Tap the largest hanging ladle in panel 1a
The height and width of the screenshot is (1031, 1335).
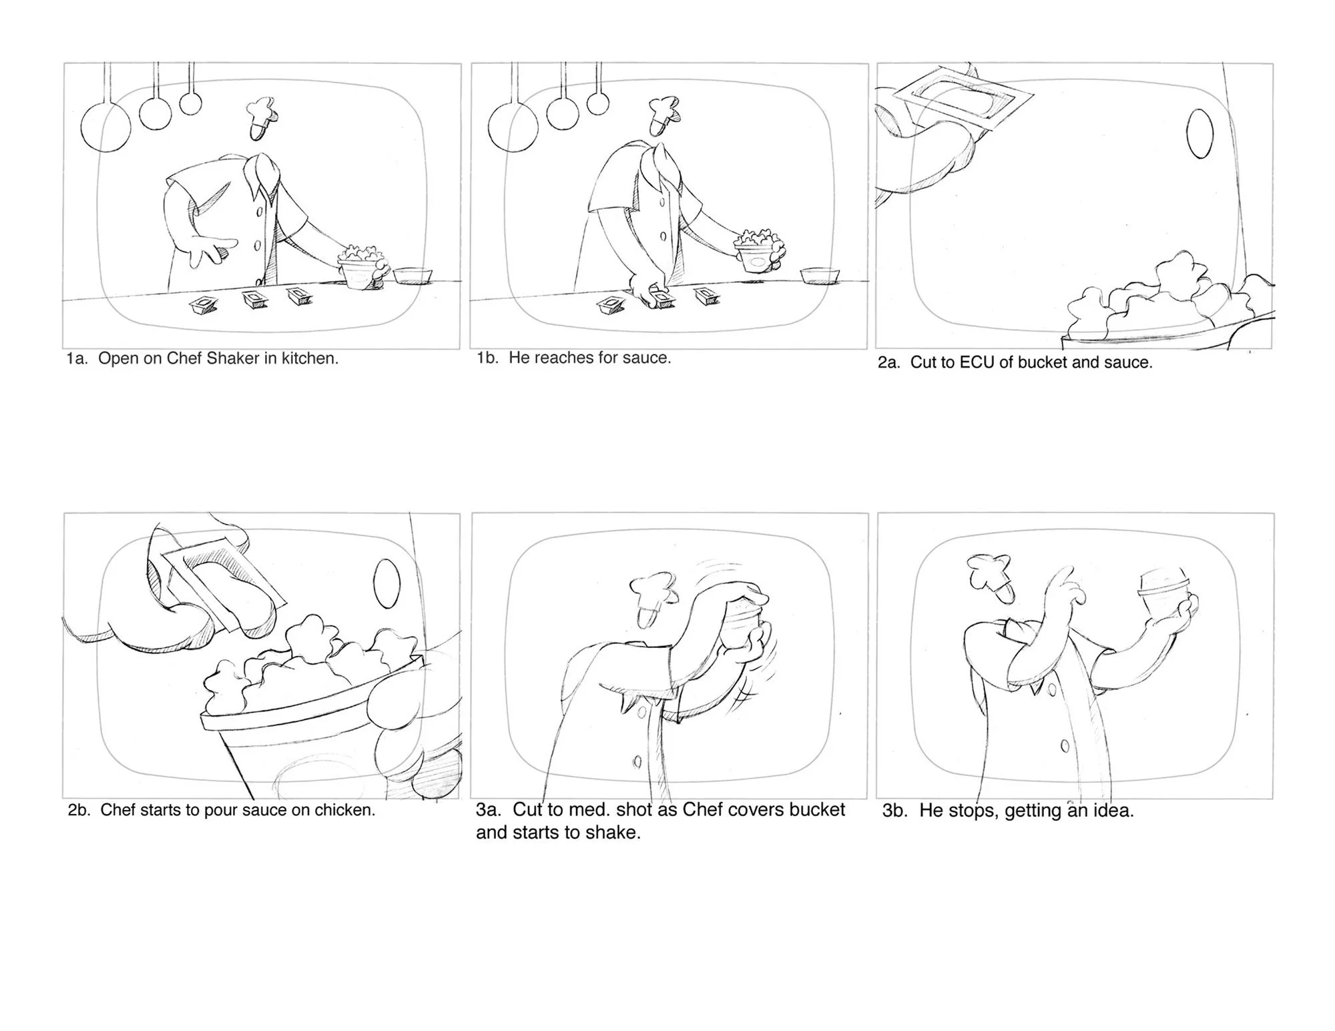coord(106,127)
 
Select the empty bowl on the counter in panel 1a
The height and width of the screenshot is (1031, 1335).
coord(413,276)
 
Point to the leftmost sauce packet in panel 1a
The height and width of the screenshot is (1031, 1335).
coord(204,306)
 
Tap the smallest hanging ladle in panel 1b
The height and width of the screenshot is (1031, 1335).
coord(598,103)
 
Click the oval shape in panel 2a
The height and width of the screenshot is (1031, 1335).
coord(1199,133)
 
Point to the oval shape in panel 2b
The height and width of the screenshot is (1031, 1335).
coord(386,584)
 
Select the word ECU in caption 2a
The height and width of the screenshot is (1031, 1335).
coord(977,362)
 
